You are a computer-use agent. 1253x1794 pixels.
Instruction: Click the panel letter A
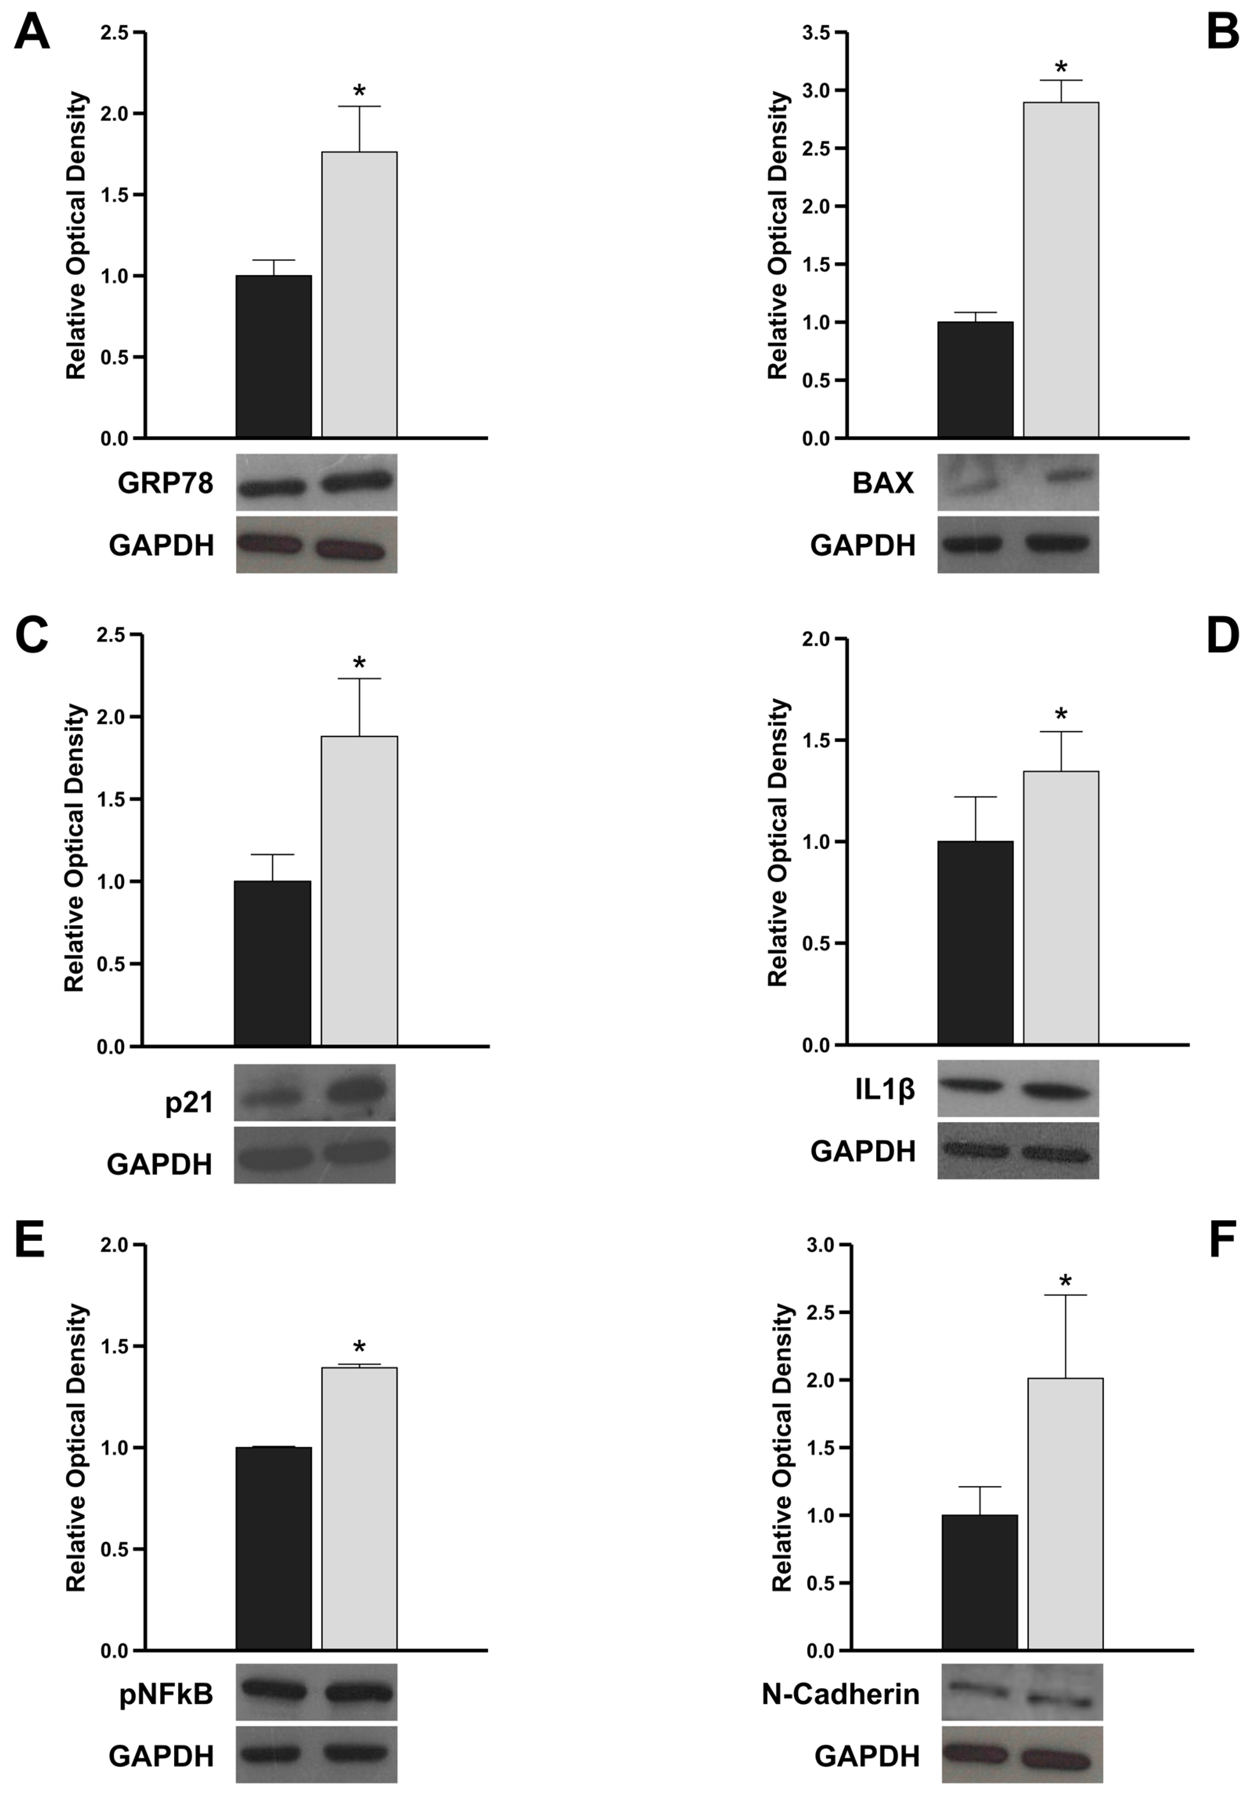pos(32,34)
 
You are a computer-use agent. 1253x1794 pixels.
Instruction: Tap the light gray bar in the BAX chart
pos(1061,269)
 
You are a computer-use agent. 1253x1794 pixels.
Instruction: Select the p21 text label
pos(189,1103)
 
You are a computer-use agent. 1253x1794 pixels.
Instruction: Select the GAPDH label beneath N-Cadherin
pos(867,1756)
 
